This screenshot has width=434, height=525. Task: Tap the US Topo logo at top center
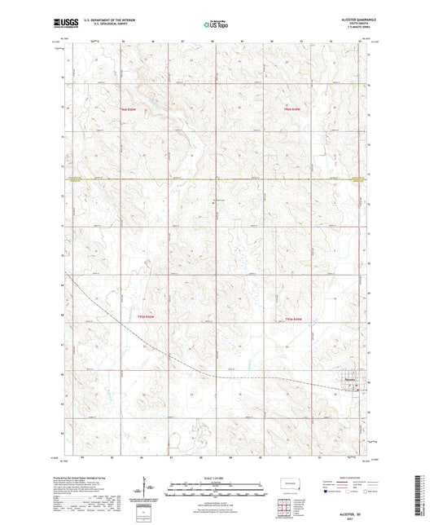pyautogui.click(x=216, y=25)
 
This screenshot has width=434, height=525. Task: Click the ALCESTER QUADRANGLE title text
pyautogui.click(x=363, y=21)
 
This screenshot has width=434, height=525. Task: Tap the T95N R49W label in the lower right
pyautogui.click(x=293, y=319)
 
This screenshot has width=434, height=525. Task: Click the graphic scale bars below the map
pyautogui.click(x=217, y=491)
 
